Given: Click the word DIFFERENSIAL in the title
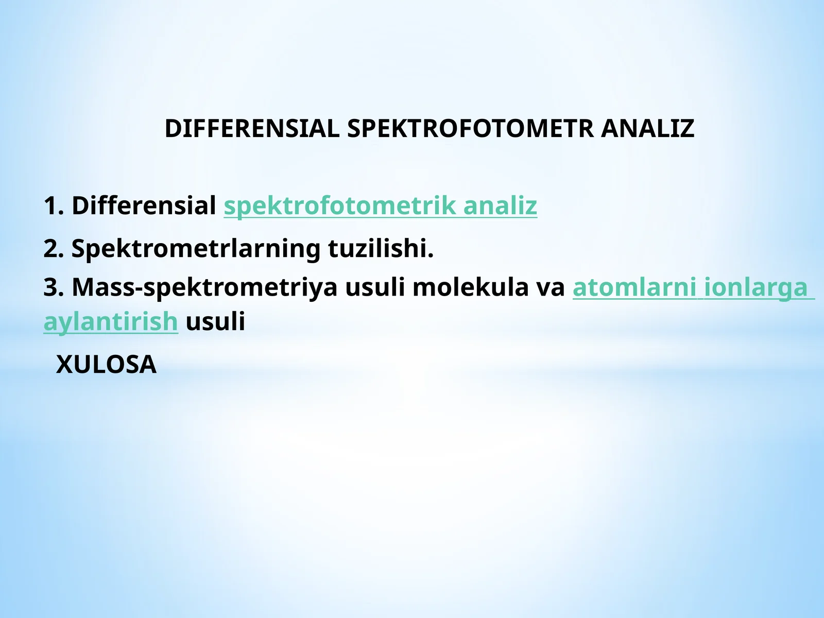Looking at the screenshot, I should click(x=252, y=129).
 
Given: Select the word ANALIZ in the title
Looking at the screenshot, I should click(x=647, y=129).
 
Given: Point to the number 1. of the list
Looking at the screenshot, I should click(x=54, y=205).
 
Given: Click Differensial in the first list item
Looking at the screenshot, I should click(x=144, y=205).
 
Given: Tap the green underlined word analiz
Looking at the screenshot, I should click(x=500, y=205).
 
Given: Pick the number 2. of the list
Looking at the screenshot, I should click(x=54, y=248).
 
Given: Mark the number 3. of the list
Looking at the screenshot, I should click(x=54, y=287).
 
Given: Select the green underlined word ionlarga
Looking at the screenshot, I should click(x=756, y=287).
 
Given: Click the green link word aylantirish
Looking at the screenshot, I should click(x=111, y=322).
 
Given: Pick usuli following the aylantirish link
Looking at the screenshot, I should click(x=215, y=322).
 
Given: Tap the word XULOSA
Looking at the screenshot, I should click(x=106, y=365).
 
